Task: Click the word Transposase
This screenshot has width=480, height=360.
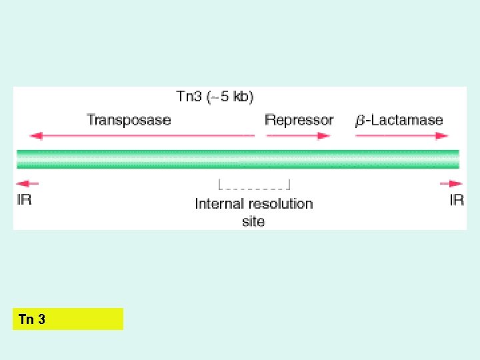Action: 129,120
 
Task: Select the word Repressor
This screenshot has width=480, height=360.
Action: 299,120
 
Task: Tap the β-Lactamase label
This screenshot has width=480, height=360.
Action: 399,120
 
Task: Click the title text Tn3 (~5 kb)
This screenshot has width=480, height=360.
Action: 215,97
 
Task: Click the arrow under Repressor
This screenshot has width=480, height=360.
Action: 299,136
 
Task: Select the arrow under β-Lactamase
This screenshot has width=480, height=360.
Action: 401,136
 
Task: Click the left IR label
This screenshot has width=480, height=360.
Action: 25,199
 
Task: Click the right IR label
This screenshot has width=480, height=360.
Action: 457,199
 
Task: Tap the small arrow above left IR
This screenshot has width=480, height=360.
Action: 27,183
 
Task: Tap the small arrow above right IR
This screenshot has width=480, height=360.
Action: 451,183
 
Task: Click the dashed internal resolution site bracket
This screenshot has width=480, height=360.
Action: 254,183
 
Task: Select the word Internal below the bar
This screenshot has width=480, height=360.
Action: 218,203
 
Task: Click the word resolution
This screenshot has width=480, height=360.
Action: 279,203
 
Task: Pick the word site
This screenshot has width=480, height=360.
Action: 253,221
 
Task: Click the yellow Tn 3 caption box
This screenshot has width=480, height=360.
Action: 68,319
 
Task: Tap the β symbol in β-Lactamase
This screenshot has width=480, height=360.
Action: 360,121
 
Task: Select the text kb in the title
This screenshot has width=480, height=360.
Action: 244,97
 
